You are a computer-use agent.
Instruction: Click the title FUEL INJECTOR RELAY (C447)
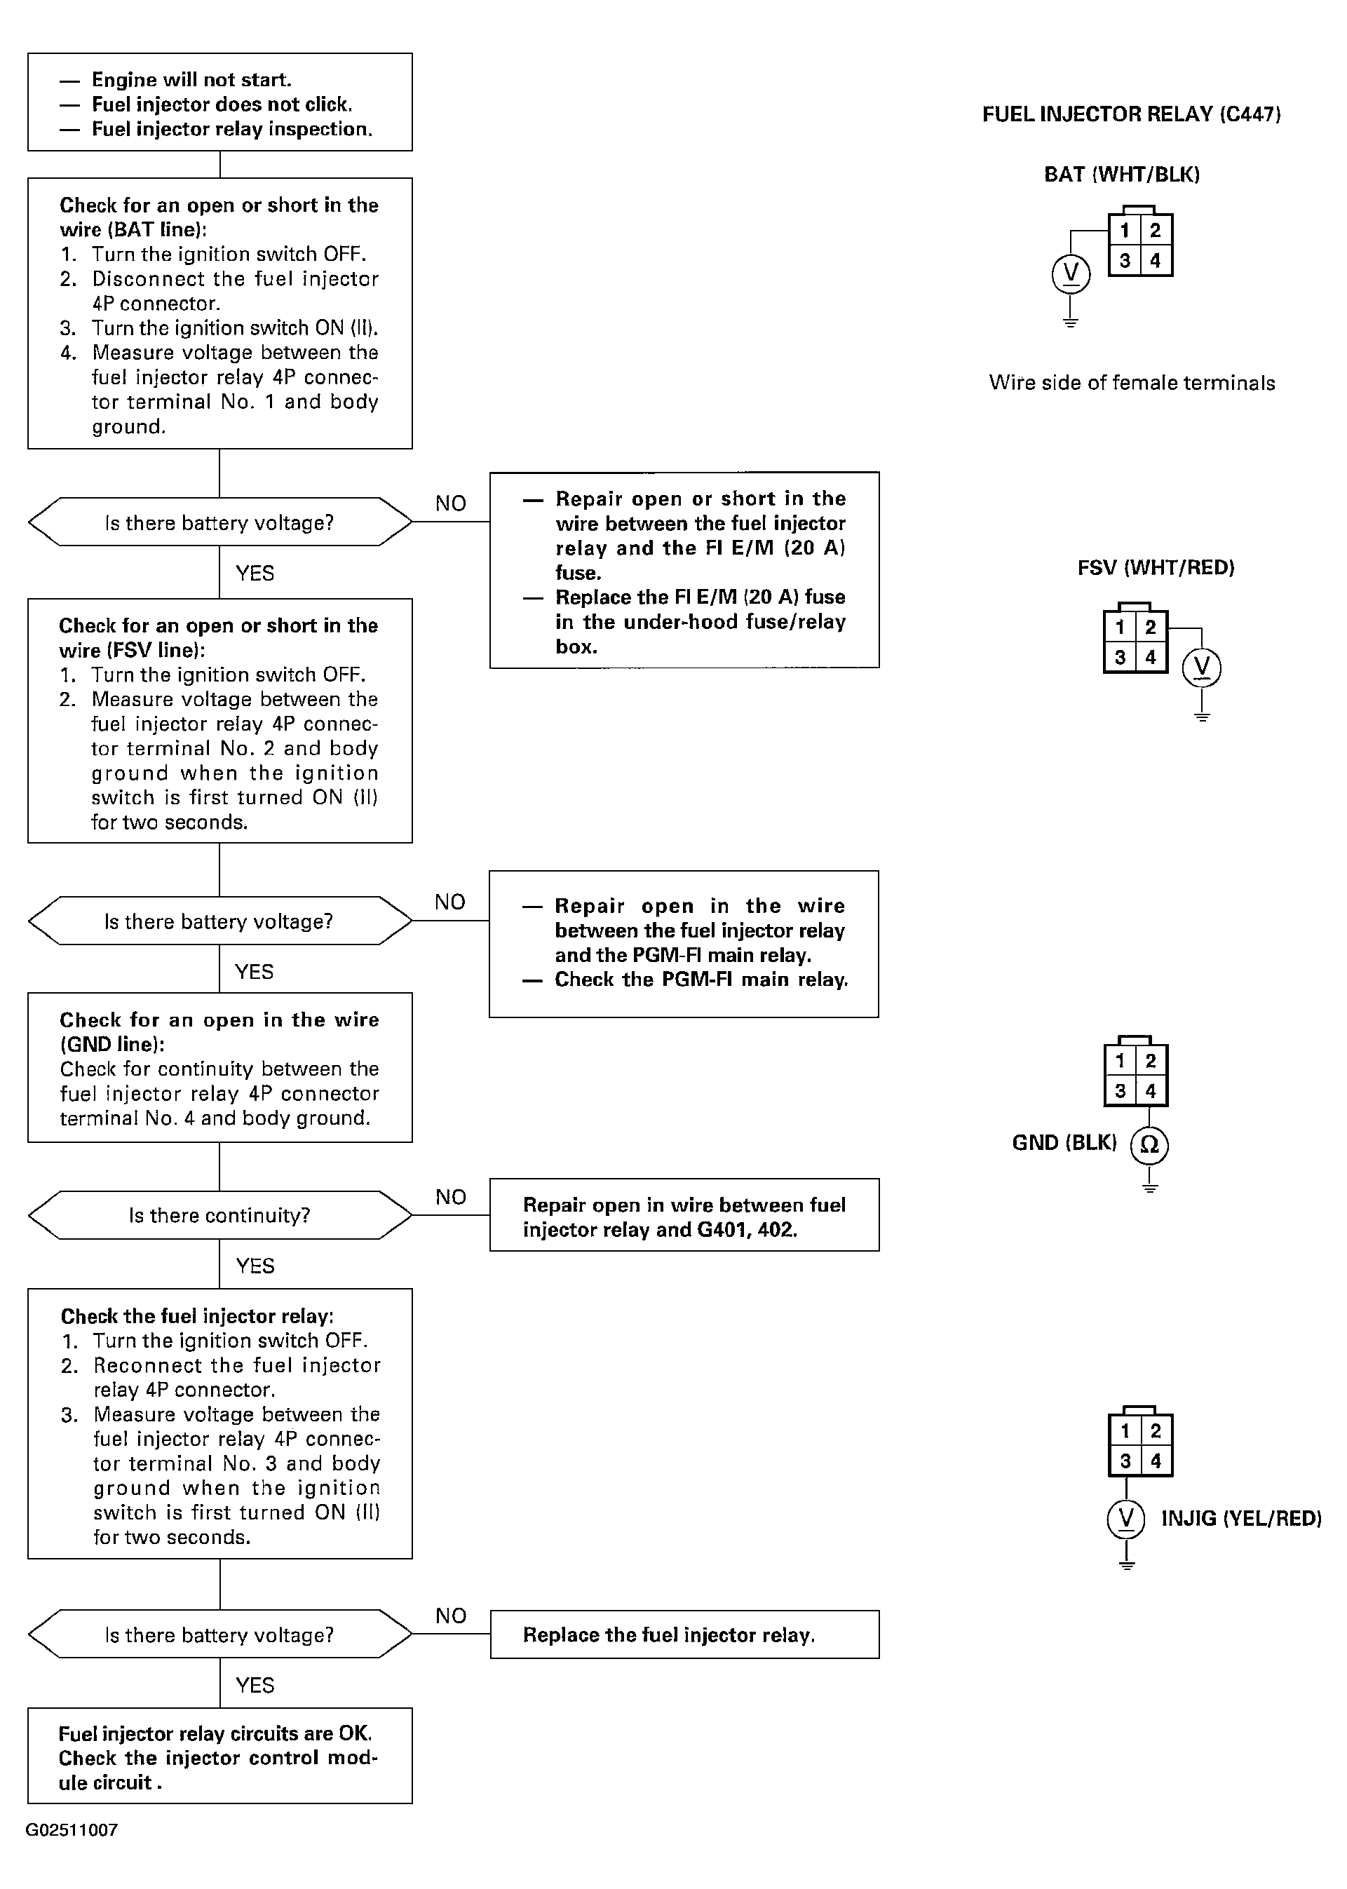pos(1131,114)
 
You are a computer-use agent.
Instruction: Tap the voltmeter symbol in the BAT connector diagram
pos(1071,273)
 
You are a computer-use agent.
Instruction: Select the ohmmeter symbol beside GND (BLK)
pos(1149,1144)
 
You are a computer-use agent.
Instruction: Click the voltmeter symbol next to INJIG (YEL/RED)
pos(1125,1517)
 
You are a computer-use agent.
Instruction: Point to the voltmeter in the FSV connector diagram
pos(1202,668)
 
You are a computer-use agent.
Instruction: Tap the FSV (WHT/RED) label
pos(1156,567)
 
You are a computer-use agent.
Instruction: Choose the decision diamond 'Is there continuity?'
pos(219,1215)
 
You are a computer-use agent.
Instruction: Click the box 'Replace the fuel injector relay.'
pos(684,1634)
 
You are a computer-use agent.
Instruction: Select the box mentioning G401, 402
pos(684,1215)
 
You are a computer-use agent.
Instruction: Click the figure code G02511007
pos(72,1830)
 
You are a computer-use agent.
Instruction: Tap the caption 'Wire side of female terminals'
pos(1131,382)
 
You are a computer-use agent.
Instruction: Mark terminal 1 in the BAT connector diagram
pos(1125,231)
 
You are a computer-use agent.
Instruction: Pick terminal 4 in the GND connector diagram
pos(1151,1090)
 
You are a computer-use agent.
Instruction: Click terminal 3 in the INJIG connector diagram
pos(1125,1461)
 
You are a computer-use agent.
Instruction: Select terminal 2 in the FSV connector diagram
pos(1151,627)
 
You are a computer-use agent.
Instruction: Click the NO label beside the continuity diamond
pos(450,1197)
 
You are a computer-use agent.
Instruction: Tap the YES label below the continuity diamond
pos(255,1266)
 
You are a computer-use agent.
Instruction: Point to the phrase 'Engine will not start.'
pos(191,80)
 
